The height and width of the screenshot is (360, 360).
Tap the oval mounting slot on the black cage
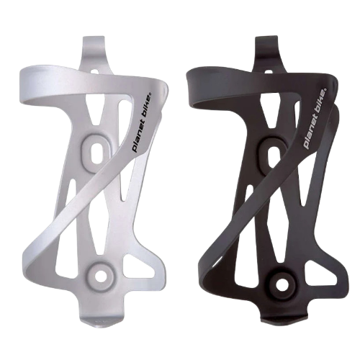[x=274, y=152]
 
